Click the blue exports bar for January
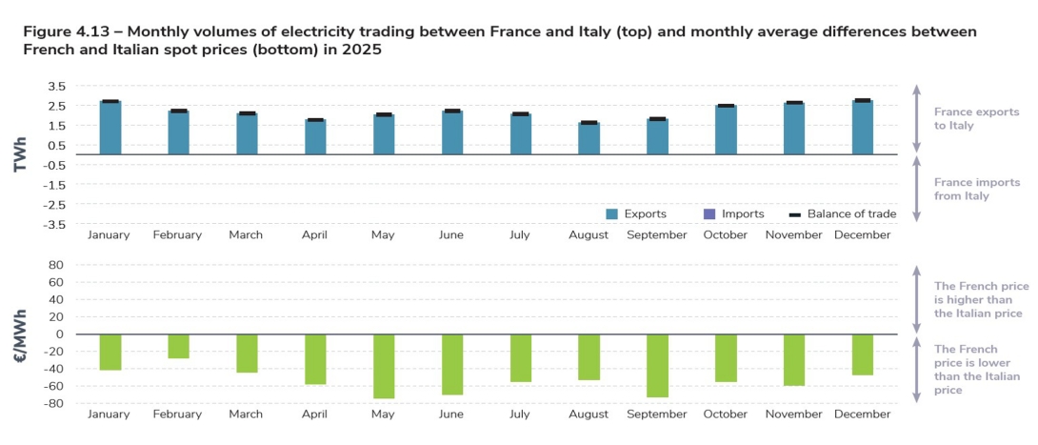click(110, 128)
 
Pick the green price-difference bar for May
click(384, 366)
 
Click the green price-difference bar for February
click(179, 346)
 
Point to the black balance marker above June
click(452, 111)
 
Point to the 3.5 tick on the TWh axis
click(55, 86)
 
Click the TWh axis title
click(18, 154)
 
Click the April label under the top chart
click(315, 234)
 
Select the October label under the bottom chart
click(726, 415)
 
